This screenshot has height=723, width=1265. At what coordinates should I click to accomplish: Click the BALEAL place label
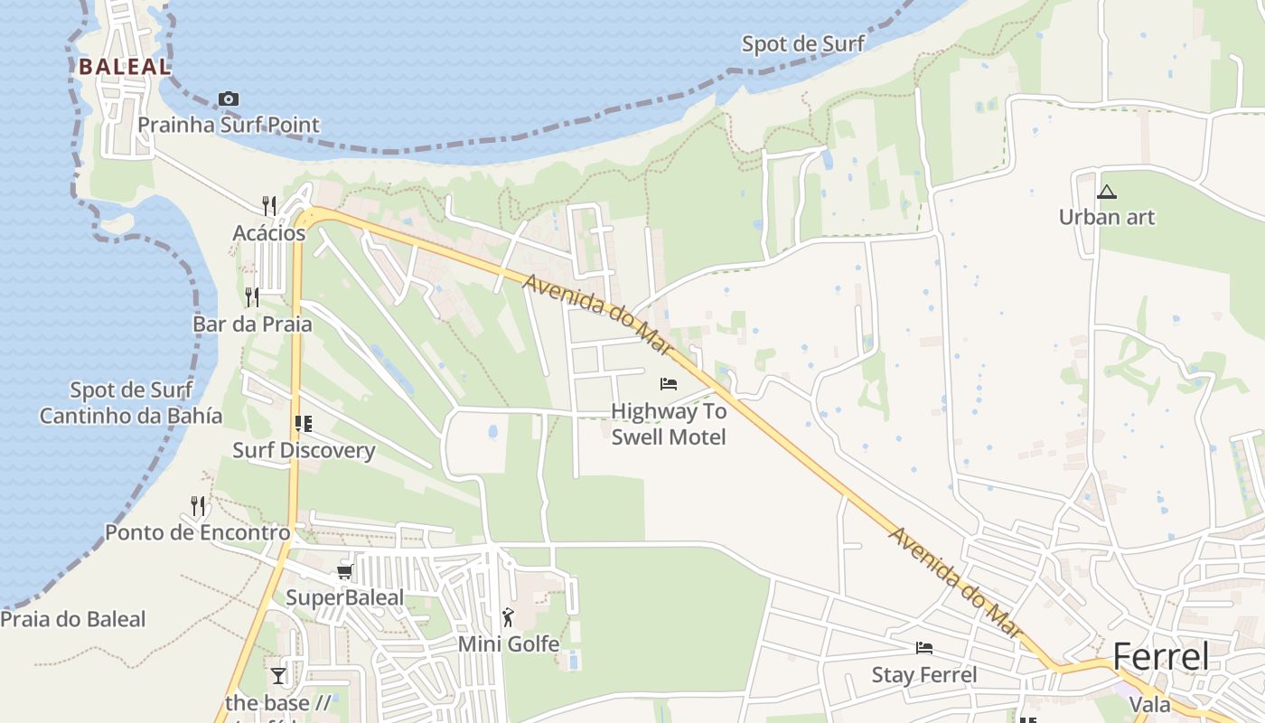[x=124, y=66]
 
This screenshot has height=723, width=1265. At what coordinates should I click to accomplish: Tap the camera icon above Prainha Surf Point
[x=229, y=99]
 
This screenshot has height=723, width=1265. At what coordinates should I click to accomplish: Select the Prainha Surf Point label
[x=229, y=125]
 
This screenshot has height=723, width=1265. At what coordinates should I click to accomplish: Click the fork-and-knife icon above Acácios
[x=269, y=205]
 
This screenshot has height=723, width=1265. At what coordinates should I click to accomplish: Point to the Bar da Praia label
[x=252, y=324]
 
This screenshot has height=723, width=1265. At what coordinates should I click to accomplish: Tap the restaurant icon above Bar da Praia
[x=252, y=296]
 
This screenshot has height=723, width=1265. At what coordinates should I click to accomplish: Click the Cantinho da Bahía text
[x=131, y=416]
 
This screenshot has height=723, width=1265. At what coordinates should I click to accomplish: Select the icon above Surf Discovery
[x=303, y=423]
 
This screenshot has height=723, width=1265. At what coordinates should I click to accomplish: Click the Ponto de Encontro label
[x=198, y=532]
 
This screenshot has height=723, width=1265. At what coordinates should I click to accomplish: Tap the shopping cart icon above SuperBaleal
[x=344, y=571]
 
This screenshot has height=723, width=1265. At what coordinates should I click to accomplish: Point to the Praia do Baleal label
[x=73, y=619]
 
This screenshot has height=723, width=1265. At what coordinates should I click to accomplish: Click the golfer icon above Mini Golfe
[x=508, y=618]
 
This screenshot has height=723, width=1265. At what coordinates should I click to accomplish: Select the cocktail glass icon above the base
[x=277, y=675]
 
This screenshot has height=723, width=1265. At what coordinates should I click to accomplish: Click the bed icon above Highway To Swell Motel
[x=669, y=384]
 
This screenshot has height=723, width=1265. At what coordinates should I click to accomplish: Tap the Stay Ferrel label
[x=924, y=675]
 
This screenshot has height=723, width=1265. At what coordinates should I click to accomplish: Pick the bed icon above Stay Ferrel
[x=924, y=648]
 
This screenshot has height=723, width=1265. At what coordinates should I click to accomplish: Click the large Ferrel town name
[x=1160, y=657]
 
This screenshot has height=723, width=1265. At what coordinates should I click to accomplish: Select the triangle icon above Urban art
[x=1107, y=192]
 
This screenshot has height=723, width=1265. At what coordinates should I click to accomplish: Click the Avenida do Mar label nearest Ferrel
[x=954, y=581]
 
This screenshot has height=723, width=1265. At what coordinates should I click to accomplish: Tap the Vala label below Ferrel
[x=1150, y=705]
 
